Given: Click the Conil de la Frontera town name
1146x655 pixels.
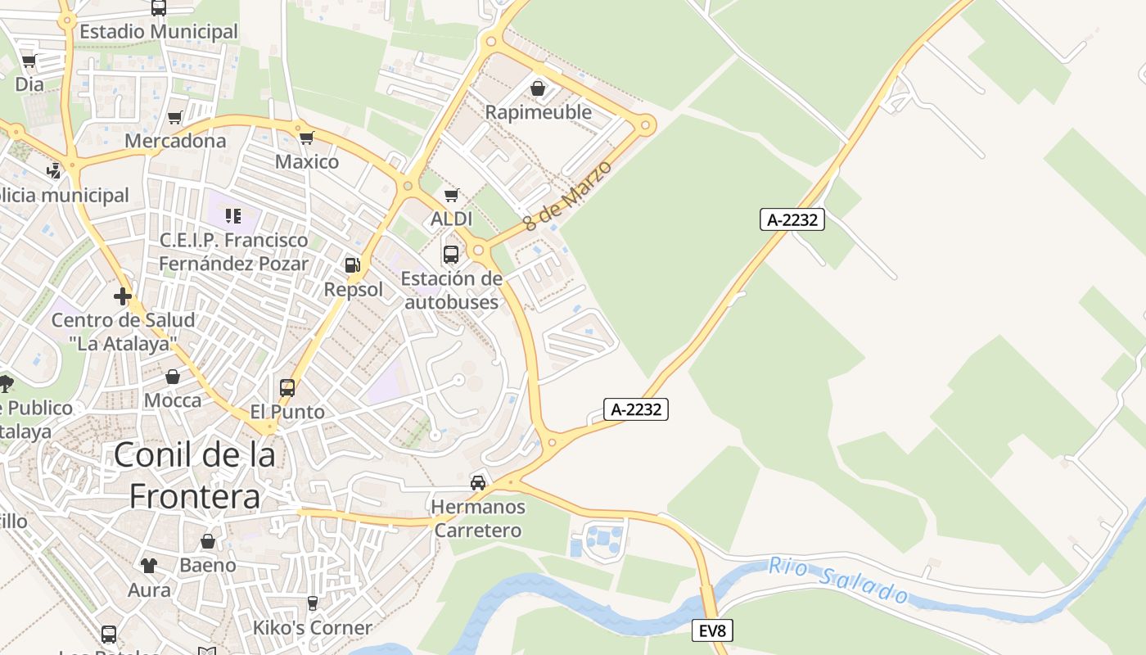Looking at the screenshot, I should pos(195,475).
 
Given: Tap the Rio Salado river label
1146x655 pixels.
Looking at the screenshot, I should pos(838,579).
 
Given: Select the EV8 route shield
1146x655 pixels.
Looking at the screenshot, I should pos(711,630).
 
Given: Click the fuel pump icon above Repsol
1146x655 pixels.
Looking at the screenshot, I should pos(353,264).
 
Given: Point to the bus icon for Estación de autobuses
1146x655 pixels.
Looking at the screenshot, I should pos(451,254).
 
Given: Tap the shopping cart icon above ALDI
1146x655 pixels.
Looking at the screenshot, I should pos(451,196).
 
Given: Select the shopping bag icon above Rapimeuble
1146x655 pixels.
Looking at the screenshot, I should pos(538,88).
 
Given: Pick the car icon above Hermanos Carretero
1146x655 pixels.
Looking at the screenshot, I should pos(478,482).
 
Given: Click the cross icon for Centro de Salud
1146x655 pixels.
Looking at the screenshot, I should pos(123,296).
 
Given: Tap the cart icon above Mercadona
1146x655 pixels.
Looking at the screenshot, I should pos(174,118).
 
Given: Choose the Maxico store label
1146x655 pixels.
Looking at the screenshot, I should pos(307,161).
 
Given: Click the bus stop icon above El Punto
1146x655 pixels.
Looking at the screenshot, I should pos(287,387).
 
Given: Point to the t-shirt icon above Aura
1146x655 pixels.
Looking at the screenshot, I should pos(149,565).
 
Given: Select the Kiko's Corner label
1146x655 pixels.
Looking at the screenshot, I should pos(312,628).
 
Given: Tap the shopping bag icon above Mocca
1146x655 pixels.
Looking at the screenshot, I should pos(173,377).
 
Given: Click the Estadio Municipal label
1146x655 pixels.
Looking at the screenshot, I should pos(159,32).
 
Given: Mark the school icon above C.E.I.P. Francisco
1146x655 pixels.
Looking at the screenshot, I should pos(233,216).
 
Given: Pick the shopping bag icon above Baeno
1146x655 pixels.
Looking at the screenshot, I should pos(208,541).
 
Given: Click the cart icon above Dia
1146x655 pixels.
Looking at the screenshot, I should pos(29,61).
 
